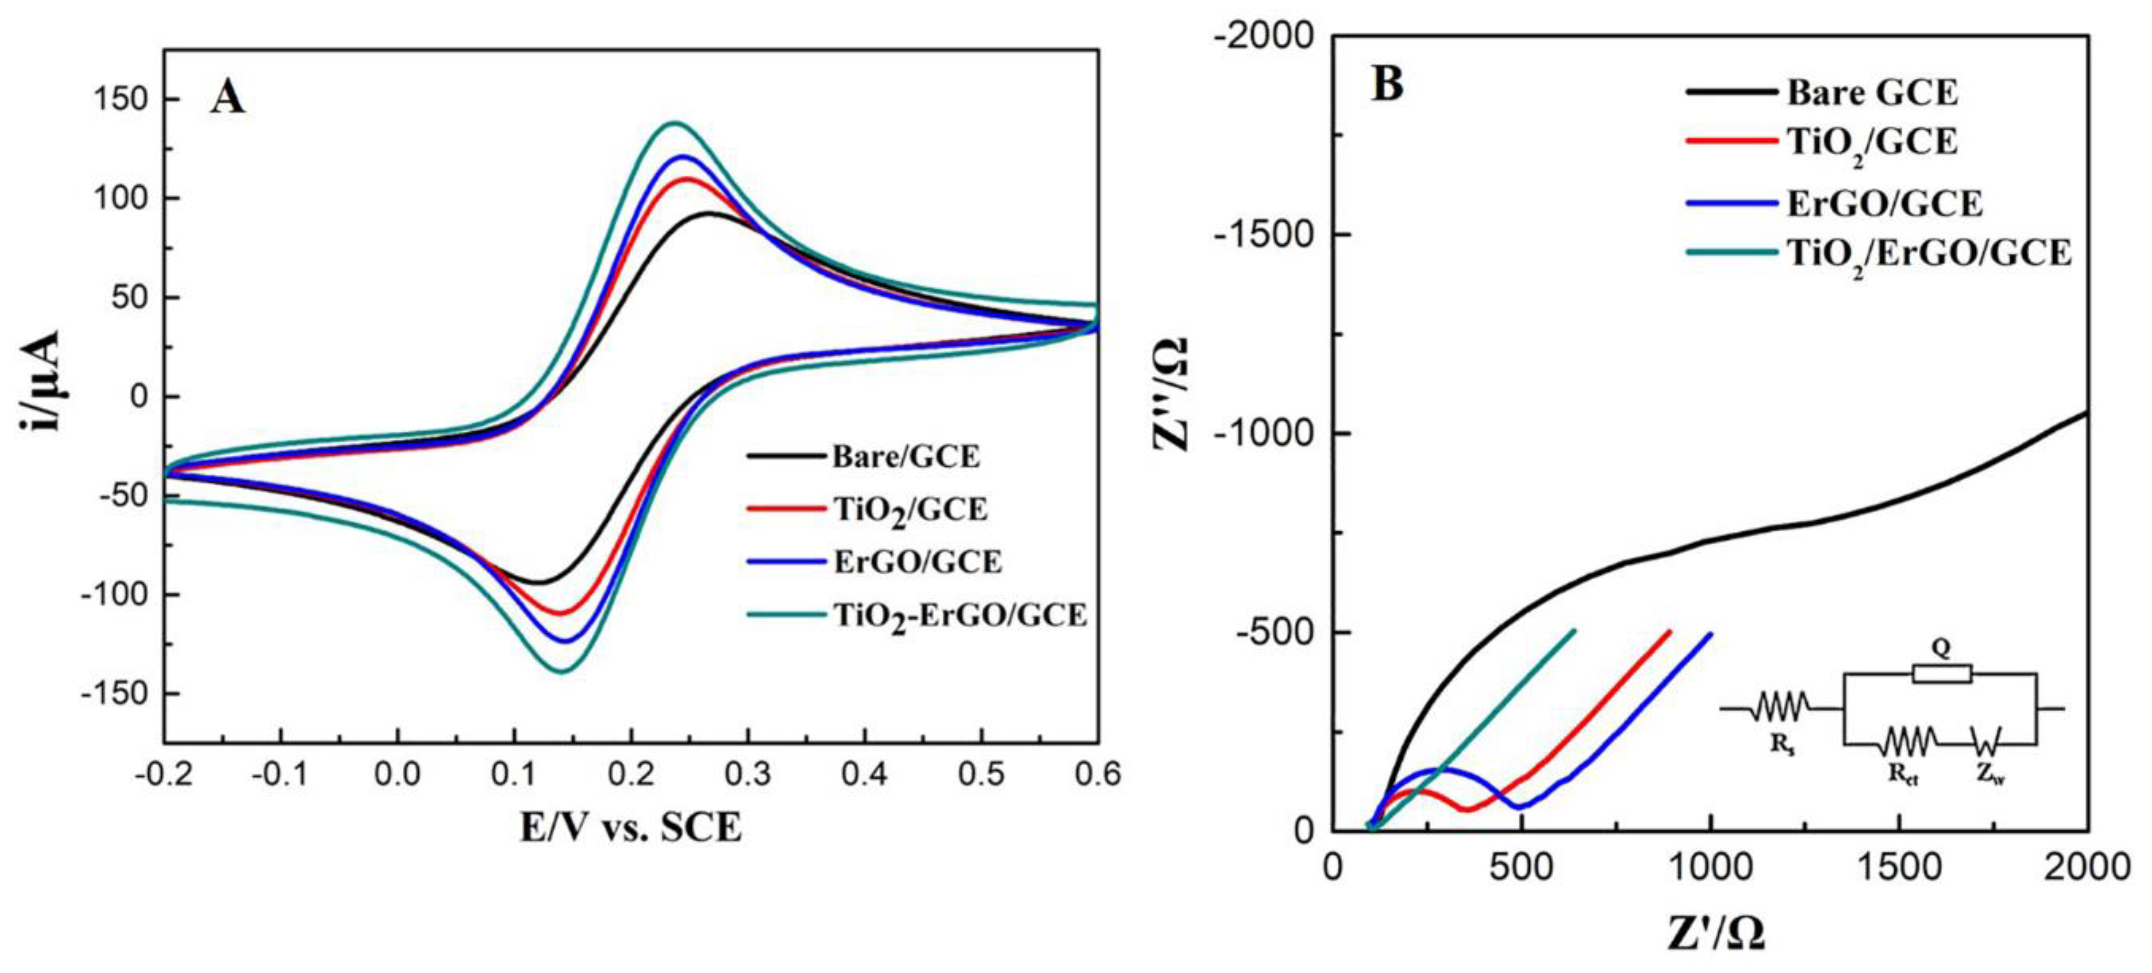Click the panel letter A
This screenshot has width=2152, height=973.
tap(227, 98)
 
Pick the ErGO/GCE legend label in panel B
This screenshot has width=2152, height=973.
tap(1884, 203)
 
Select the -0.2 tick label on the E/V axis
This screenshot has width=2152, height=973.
tap(164, 775)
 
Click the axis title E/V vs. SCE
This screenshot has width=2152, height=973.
tap(631, 828)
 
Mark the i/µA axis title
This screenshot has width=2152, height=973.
tap(40, 381)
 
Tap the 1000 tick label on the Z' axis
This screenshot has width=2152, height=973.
tap(1711, 867)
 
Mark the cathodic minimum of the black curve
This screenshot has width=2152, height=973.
tap(539, 582)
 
